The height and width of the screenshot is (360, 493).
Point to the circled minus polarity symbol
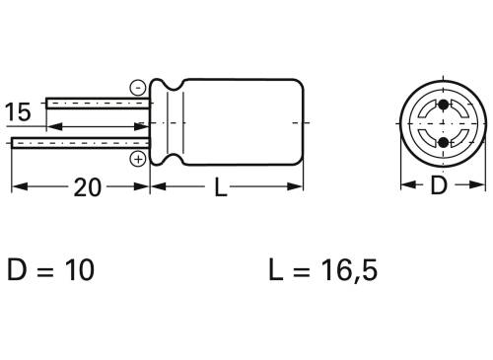(x=137, y=88)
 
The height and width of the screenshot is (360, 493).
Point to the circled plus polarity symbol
(x=137, y=158)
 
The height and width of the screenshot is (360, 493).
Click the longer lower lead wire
(x=79, y=144)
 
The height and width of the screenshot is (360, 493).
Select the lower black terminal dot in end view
(x=442, y=144)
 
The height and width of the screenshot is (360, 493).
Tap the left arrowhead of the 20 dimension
(x=17, y=187)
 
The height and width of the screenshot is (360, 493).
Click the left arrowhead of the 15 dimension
(x=52, y=126)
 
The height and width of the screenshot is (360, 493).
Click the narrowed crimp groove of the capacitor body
(x=171, y=123)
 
